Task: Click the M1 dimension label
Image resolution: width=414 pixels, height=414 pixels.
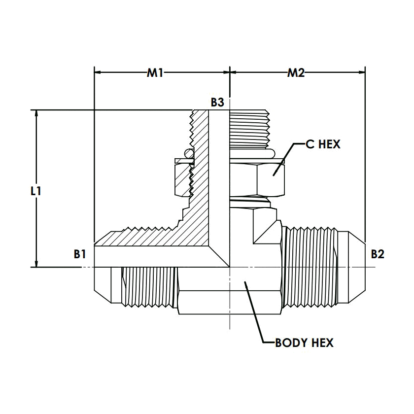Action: (x=155, y=73)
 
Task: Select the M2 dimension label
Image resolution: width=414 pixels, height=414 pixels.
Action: (x=296, y=73)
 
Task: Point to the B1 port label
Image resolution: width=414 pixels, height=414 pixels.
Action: (x=80, y=254)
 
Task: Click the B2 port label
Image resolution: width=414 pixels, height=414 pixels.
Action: (x=378, y=254)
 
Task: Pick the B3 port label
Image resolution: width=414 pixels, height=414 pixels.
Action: (x=217, y=103)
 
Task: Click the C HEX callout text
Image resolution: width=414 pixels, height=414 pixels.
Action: (x=323, y=145)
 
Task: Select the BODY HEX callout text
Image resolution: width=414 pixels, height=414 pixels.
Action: (x=304, y=343)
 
